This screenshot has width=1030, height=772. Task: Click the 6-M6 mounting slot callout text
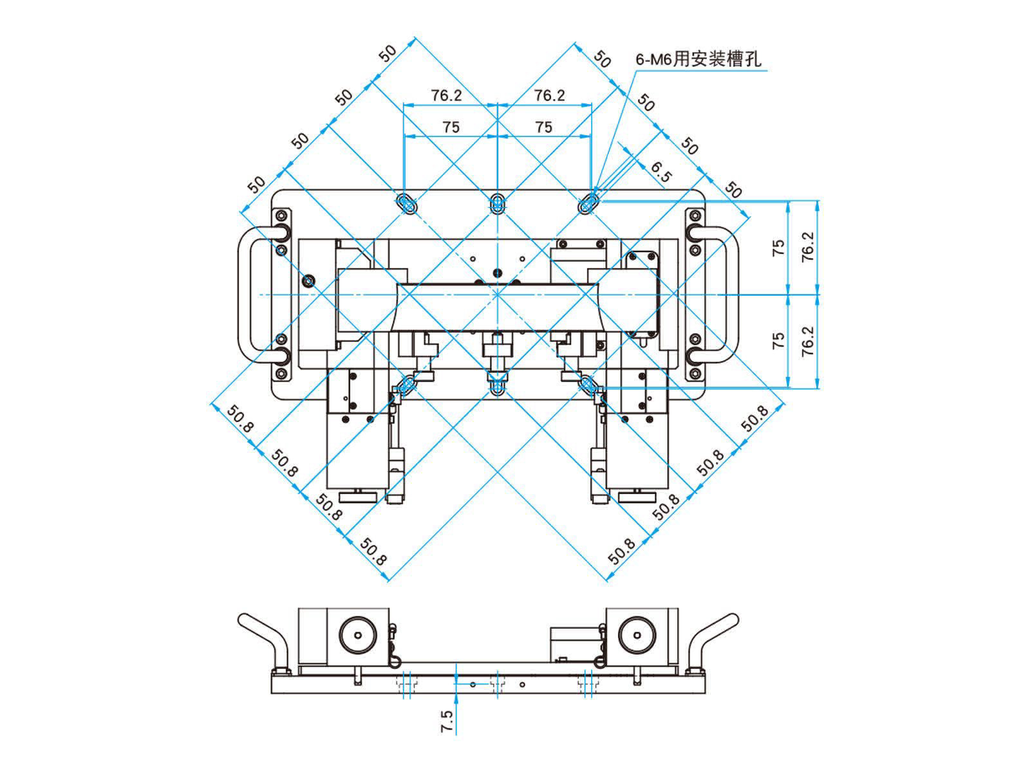click(698, 60)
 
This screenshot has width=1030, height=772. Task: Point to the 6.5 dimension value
click(660, 172)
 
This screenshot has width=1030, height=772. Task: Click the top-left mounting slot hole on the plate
click(407, 204)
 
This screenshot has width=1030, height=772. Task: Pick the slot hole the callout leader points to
click(588, 204)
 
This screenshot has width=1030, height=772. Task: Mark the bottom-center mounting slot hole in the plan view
click(496, 386)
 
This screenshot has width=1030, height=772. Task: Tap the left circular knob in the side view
click(356, 636)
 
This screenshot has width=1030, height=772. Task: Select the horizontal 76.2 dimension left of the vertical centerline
click(446, 95)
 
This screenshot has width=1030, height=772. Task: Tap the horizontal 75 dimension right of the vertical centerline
click(544, 127)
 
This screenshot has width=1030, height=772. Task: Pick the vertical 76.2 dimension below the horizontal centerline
click(808, 341)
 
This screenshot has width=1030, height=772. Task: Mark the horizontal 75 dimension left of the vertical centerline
click(451, 127)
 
